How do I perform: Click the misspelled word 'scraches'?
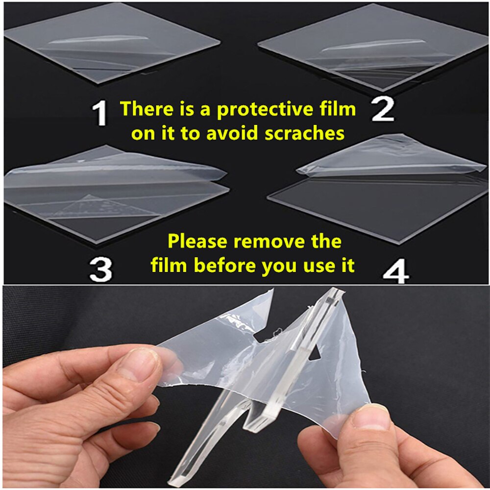click(303, 133)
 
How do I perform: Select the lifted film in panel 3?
click(113, 169)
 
